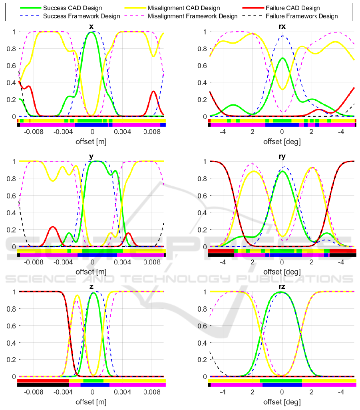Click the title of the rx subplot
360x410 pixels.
[x=282, y=27]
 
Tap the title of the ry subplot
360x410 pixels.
[x=282, y=157]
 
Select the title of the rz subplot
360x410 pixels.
[x=282, y=287]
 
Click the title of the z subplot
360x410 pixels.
[x=92, y=287]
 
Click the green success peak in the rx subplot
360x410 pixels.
[x=282, y=58]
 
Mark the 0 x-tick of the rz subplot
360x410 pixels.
[x=282, y=392]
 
